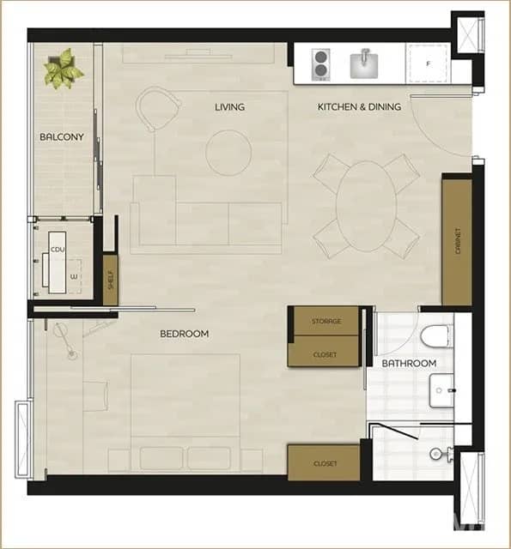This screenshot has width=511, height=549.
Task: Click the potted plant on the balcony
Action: pos(64,69)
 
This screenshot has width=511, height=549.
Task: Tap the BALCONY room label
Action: pos(61,137)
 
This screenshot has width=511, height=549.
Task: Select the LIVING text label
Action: pos(229,107)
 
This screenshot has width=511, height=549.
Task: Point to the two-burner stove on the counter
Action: pos(320,63)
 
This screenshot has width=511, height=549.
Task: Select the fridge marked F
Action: pos(428,63)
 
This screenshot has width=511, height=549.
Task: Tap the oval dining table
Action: pos(366,206)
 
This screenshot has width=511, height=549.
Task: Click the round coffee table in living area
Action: pos(228,153)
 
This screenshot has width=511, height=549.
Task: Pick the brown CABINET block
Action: pos(457,240)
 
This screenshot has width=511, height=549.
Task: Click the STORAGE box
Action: pos(324,321)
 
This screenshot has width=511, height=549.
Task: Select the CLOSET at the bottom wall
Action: pos(324,463)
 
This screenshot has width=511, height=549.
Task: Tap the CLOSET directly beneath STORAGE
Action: pos(324,353)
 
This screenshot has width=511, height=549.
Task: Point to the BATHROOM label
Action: pos(409,364)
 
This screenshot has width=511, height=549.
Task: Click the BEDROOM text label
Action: pos(184,334)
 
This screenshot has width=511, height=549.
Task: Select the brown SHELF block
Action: pos(110,281)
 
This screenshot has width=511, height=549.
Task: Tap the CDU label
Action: pos(58,249)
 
